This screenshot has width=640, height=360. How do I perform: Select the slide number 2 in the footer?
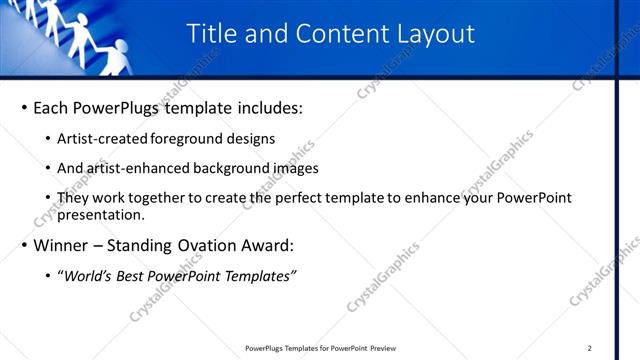pos(590,348)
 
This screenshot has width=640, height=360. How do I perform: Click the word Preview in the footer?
pos(379,348)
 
